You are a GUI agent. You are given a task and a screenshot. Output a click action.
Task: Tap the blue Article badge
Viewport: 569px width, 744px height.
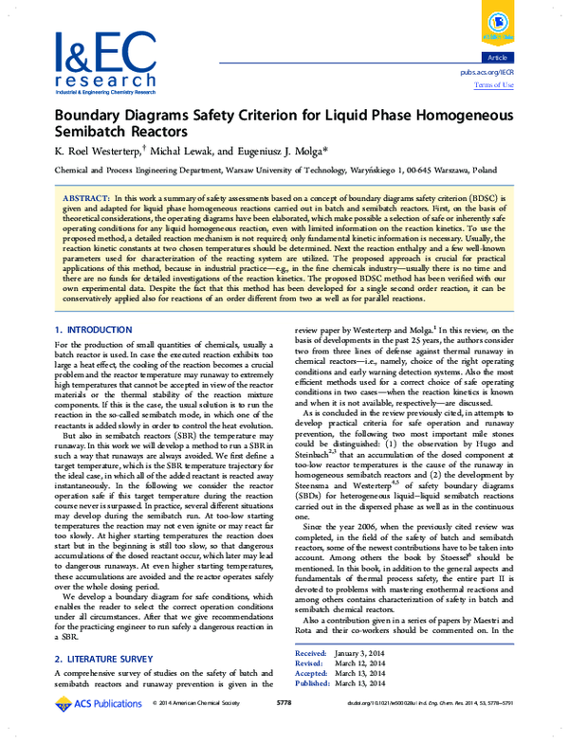[x=497, y=56]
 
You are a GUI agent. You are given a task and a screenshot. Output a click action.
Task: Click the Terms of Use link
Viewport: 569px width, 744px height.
[x=493, y=84]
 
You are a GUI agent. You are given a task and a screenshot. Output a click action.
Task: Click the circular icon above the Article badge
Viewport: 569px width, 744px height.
[x=496, y=26]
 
